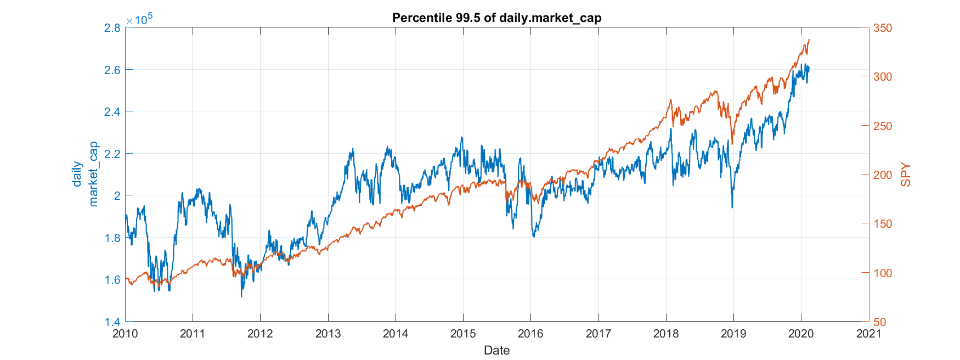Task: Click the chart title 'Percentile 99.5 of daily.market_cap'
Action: coord(496,18)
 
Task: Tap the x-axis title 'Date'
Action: coord(496,350)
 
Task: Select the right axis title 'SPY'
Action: coord(906,175)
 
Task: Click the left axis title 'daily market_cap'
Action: coord(86,175)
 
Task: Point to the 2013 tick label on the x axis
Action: coord(328,334)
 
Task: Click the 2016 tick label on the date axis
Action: coord(530,334)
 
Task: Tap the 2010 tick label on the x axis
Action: coord(125,334)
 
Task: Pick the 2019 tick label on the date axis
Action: coord(733,334)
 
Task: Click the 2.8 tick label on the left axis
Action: coord(112,27)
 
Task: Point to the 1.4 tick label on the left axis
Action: coord(112,322)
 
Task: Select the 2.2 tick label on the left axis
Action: coord(112,154)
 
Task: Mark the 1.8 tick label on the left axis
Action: coord(112,238)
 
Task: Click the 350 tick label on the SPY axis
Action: coord(883,28)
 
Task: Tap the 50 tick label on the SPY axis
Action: coord(880,322)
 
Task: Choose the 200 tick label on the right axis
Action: coord(883,175)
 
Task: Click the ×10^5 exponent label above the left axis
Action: coord(139,19)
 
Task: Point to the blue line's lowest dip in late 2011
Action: coord(241,296)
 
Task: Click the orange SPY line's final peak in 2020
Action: coord(809,40)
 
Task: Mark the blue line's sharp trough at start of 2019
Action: coord(732,207)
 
